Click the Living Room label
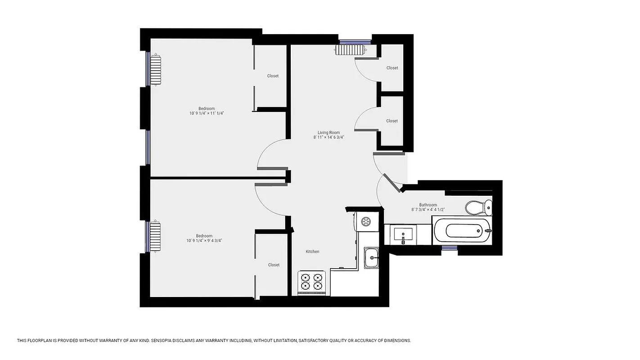click(329, 132)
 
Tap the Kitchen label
click(312, 252)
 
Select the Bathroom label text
click(428, 205)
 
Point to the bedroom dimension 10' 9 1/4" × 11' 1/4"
click(207, 113)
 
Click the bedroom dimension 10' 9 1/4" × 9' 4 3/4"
click(204, 241)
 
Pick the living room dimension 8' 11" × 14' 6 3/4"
click(329, 138)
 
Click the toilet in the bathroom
click(478, 207)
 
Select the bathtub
click(463, 231)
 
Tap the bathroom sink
click(403, 234)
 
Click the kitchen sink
click(372, 258)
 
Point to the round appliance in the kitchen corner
click(365, 221)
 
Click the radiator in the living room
click(349, 49)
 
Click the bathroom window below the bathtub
click(449, 247)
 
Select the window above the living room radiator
click(355, 42)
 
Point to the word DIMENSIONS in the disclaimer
click(395, 341)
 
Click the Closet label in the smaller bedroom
click(274, 265)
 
